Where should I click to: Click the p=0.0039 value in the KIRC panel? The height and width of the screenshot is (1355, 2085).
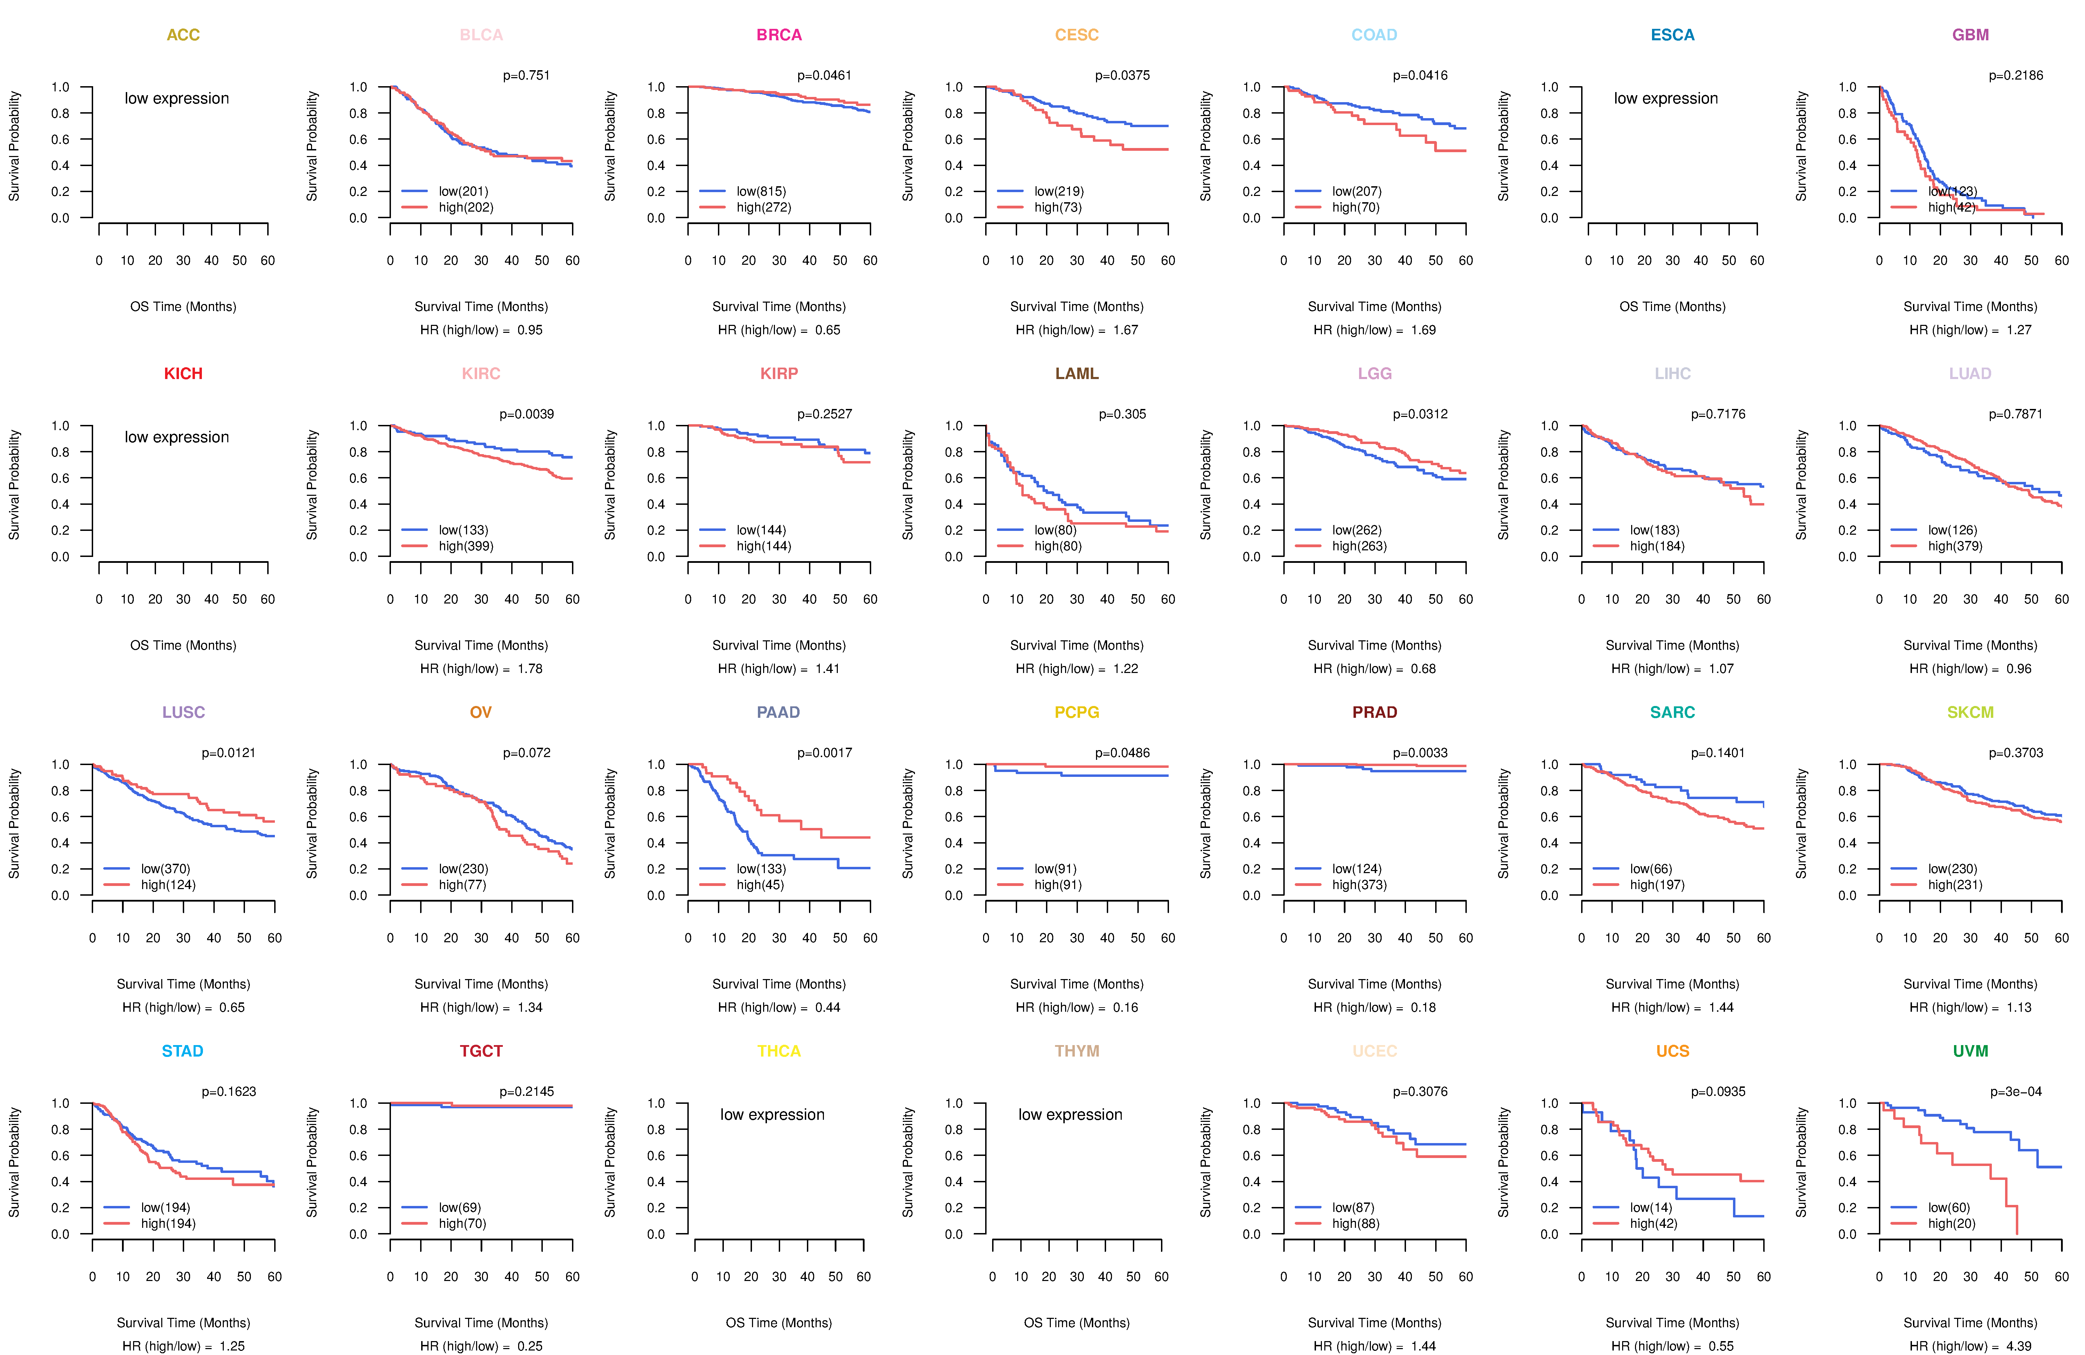point(526,414)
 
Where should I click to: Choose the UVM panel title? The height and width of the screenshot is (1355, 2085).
point(1970,1051)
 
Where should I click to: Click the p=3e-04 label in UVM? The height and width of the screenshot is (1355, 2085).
point(2016,1091)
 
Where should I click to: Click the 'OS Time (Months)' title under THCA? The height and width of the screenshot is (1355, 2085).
point(779,1323)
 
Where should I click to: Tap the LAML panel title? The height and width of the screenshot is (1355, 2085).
point(1077,373)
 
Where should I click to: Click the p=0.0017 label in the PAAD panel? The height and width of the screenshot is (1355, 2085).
point(824,753)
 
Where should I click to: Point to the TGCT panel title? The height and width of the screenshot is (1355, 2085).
point(481,1051)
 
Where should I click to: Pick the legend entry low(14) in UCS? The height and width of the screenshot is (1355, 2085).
point(1651,1207)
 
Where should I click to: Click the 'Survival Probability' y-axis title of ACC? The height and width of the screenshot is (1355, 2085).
point(14,146)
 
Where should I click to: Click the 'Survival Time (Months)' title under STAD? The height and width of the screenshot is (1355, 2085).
point(183,1323)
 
